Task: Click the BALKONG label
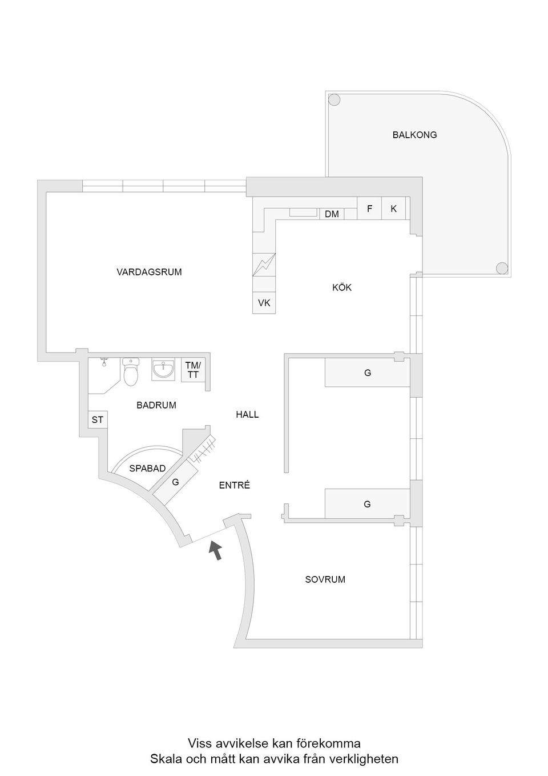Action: (x=414, y=135)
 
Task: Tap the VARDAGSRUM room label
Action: (x=149, y=272)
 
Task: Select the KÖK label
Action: (x=342, y=287)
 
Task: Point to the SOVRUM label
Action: (x=325, y=579)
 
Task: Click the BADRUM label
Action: (x=156, y=405)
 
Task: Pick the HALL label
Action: (x=247, y=414)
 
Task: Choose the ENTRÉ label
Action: (x=234, y=486)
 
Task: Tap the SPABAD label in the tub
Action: (x=147, y=469)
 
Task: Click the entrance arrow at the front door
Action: (x=215, y=550)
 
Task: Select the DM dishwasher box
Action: (x=332, y=214)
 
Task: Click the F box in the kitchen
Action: (x=369, y=209)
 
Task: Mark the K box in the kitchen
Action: (x=393, y=209)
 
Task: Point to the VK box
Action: (x=264, y=303)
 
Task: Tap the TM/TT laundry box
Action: (x=193, y=370)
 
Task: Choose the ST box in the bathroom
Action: (x=98, y=419)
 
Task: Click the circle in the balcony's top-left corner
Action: (x=334, y=100)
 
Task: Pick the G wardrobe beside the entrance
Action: (x=175, y=482)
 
